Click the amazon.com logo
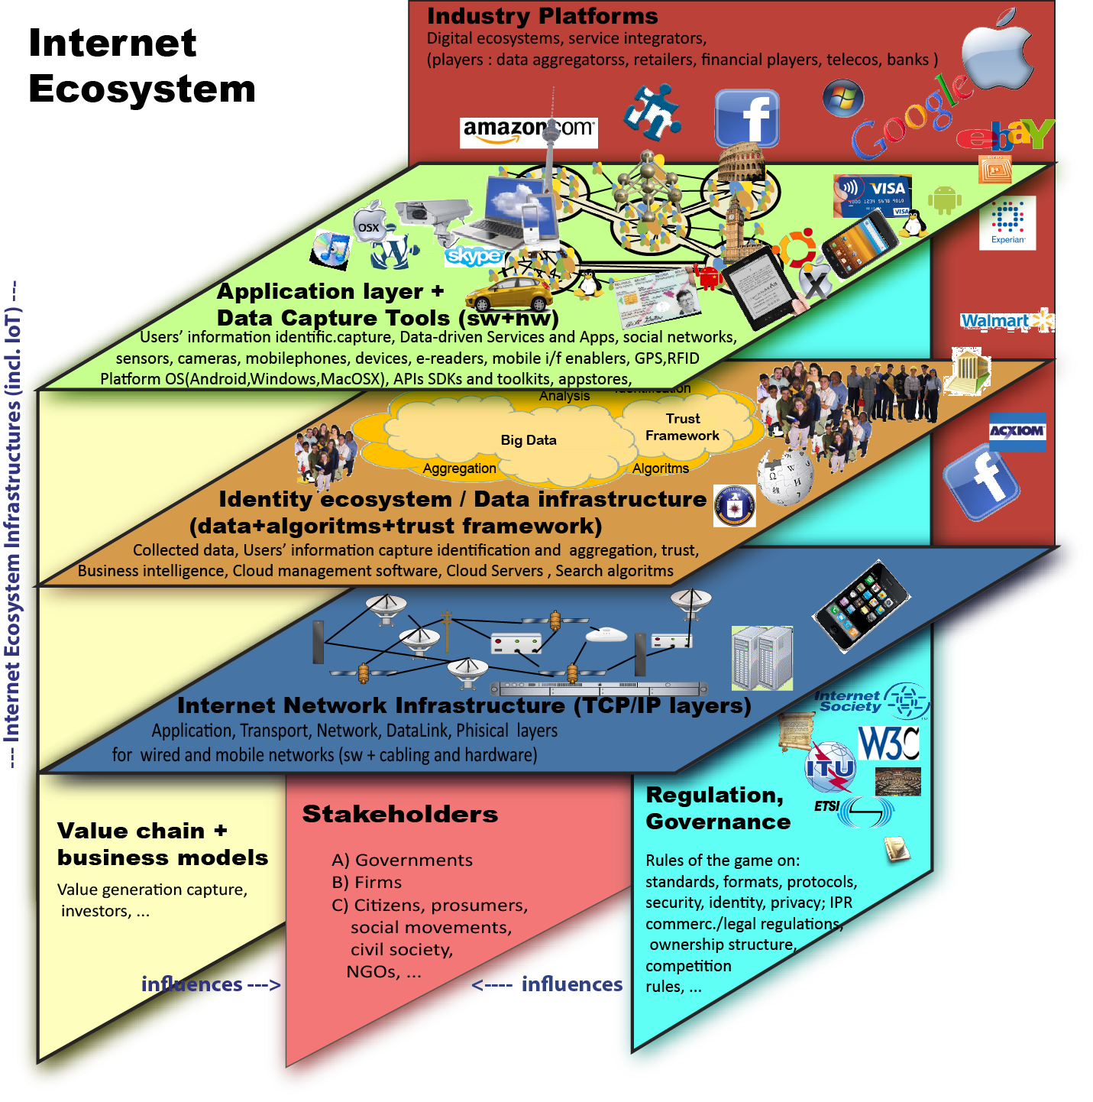pos(529,131)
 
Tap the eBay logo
pos(1004,135)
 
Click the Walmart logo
pos(1005,321)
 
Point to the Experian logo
pos(1007,222)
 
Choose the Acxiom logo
pos(1017,432)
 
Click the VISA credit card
pos(873,196)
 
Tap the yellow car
pos(509,293)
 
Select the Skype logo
pos(474,255)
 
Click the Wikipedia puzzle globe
pos(785,477)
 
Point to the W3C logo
pos(888,743)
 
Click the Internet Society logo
pos(871,702)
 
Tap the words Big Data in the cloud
pos(529,440)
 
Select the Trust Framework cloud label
pos(682,427)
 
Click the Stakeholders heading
pos(399,815)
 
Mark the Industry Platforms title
pos(542,16)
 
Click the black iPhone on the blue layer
pos(862,604)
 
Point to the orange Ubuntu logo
pos(795,249)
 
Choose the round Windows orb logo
pos(843,98)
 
